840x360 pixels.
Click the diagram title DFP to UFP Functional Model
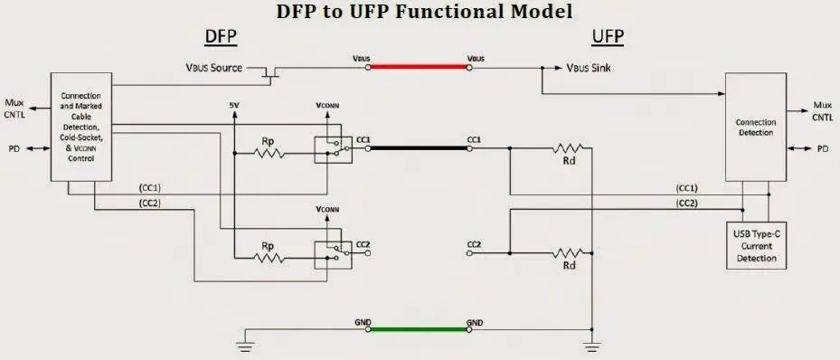pyautogui.click(x=423, y=11)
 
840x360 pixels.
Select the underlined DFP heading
pyautogui.click(x=221, y=37)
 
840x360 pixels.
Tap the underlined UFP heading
pyautogui.click(x=608, y=37)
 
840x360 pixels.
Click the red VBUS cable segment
pyautogui.click(x=418, y=67)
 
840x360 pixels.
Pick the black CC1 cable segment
pyautogui.click(x=418, y=147)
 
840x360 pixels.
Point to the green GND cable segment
pyautogui.click(x=418, y=329)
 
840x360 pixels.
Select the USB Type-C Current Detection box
pyautogui.click(x=756, y=245)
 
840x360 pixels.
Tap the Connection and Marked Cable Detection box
pyautogui.click(x=81, y=127)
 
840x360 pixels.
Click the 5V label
pyautogui.click(x=234, y=106)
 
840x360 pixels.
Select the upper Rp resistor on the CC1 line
pyautogui.click(x=268, y=153)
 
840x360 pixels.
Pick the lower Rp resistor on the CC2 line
pyautogui.click(x=268, y=257)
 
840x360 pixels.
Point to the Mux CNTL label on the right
pyautogui.click(x=822, y=110)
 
